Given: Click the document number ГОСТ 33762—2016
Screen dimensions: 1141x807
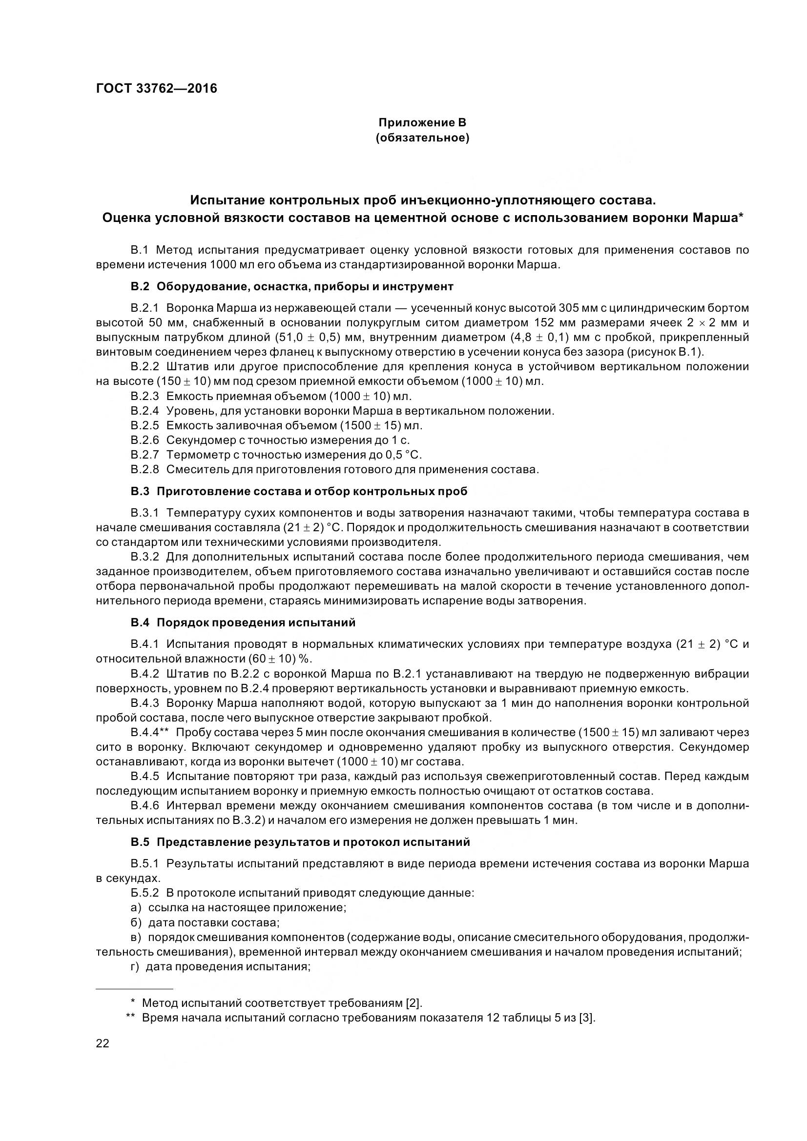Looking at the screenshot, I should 156,88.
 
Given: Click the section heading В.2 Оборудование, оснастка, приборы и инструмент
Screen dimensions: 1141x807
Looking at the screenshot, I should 292,286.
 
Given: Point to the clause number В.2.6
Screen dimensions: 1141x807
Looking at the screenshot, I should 145,440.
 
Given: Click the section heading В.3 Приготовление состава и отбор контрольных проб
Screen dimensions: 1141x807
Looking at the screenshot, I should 299,492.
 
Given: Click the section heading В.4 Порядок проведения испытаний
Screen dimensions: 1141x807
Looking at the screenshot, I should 243,622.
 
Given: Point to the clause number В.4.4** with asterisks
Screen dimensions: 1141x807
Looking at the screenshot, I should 150,733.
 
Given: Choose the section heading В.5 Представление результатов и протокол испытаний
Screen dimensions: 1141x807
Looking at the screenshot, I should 300,842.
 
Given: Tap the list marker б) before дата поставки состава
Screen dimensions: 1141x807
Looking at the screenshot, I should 136,922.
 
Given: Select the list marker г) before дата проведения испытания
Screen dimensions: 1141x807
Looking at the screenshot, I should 136,966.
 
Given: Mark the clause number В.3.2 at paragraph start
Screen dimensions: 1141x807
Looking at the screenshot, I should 145,557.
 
